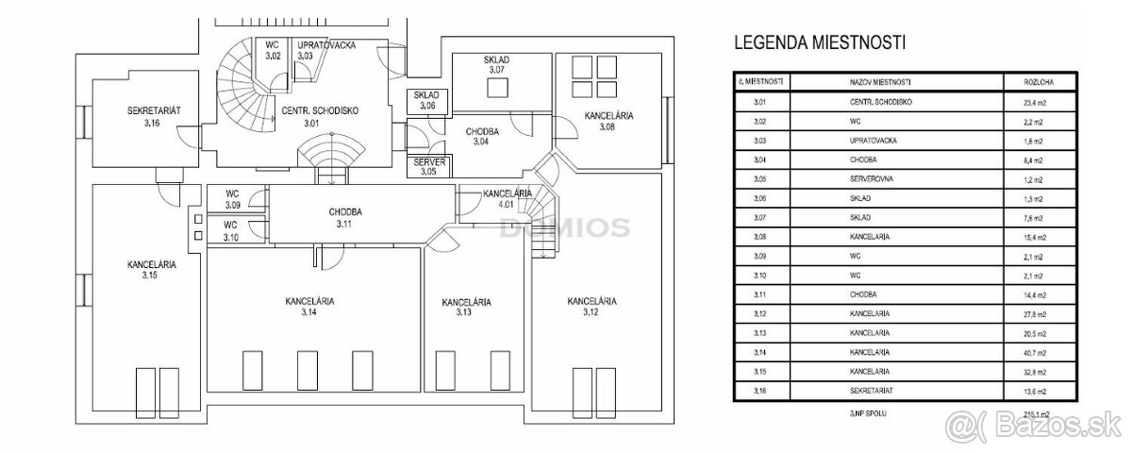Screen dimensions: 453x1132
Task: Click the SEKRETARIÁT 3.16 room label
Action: click(x=154, y=116)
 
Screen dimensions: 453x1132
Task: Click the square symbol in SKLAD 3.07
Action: click(x=497, y=87)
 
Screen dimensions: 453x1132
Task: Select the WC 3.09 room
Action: click(x=232, y=198)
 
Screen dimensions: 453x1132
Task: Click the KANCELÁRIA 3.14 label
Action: click(x=310, y=307)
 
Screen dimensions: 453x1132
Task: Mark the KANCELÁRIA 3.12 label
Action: click(x=591, y=307)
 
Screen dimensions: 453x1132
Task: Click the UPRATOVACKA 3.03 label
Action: click(x=325, y=50)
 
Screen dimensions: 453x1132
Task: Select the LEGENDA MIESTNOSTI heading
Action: click(x=819, y=42)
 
